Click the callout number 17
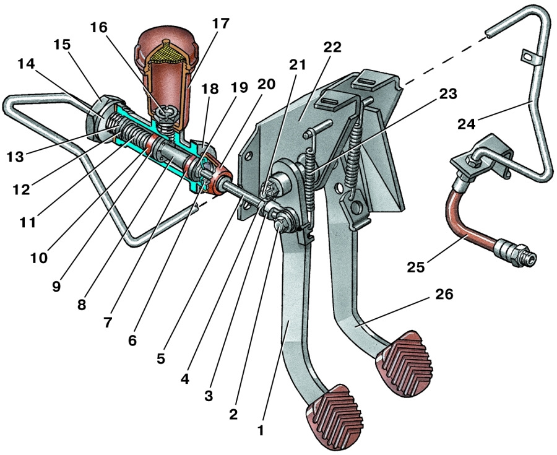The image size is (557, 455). click(x=220, y=24)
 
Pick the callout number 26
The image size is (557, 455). click(x=444, y=296)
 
